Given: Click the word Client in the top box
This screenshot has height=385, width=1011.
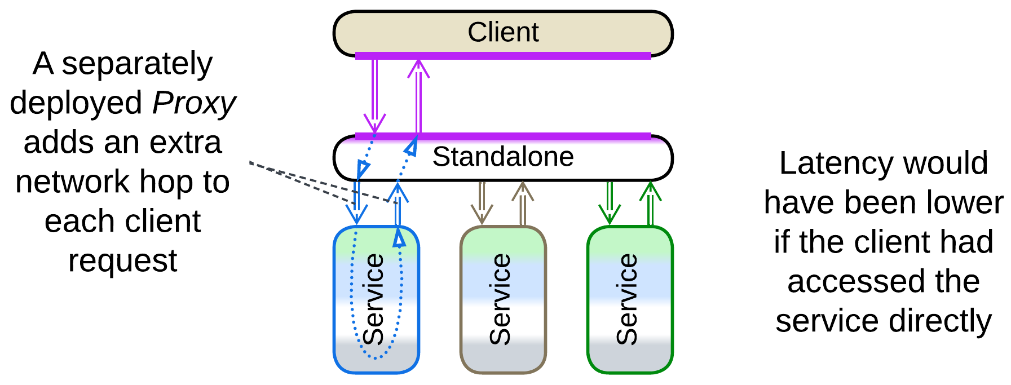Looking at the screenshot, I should point(503,32).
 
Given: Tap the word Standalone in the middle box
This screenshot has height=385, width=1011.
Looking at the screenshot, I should point(503,157).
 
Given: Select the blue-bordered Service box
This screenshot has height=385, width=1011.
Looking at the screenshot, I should point(376,299).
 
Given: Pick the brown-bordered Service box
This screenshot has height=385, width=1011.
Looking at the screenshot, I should point(503,299).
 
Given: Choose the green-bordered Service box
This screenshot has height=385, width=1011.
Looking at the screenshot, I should point(630,299).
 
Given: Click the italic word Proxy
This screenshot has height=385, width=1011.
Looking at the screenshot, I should point(193,103).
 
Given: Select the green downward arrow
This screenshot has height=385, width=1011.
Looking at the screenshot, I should point(610,202).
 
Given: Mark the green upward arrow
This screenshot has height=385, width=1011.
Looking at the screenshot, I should point(650,202).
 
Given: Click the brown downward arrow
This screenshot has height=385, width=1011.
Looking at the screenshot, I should point(482,202).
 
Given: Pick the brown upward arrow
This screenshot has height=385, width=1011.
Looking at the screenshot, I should point(523,202).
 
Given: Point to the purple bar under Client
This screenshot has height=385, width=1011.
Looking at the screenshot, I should point(503,55).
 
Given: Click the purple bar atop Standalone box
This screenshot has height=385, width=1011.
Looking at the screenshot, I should point(503,136).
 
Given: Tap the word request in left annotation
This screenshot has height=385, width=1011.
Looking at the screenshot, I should point(122,261).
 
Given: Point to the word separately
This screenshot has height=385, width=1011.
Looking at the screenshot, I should point(137,64).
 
